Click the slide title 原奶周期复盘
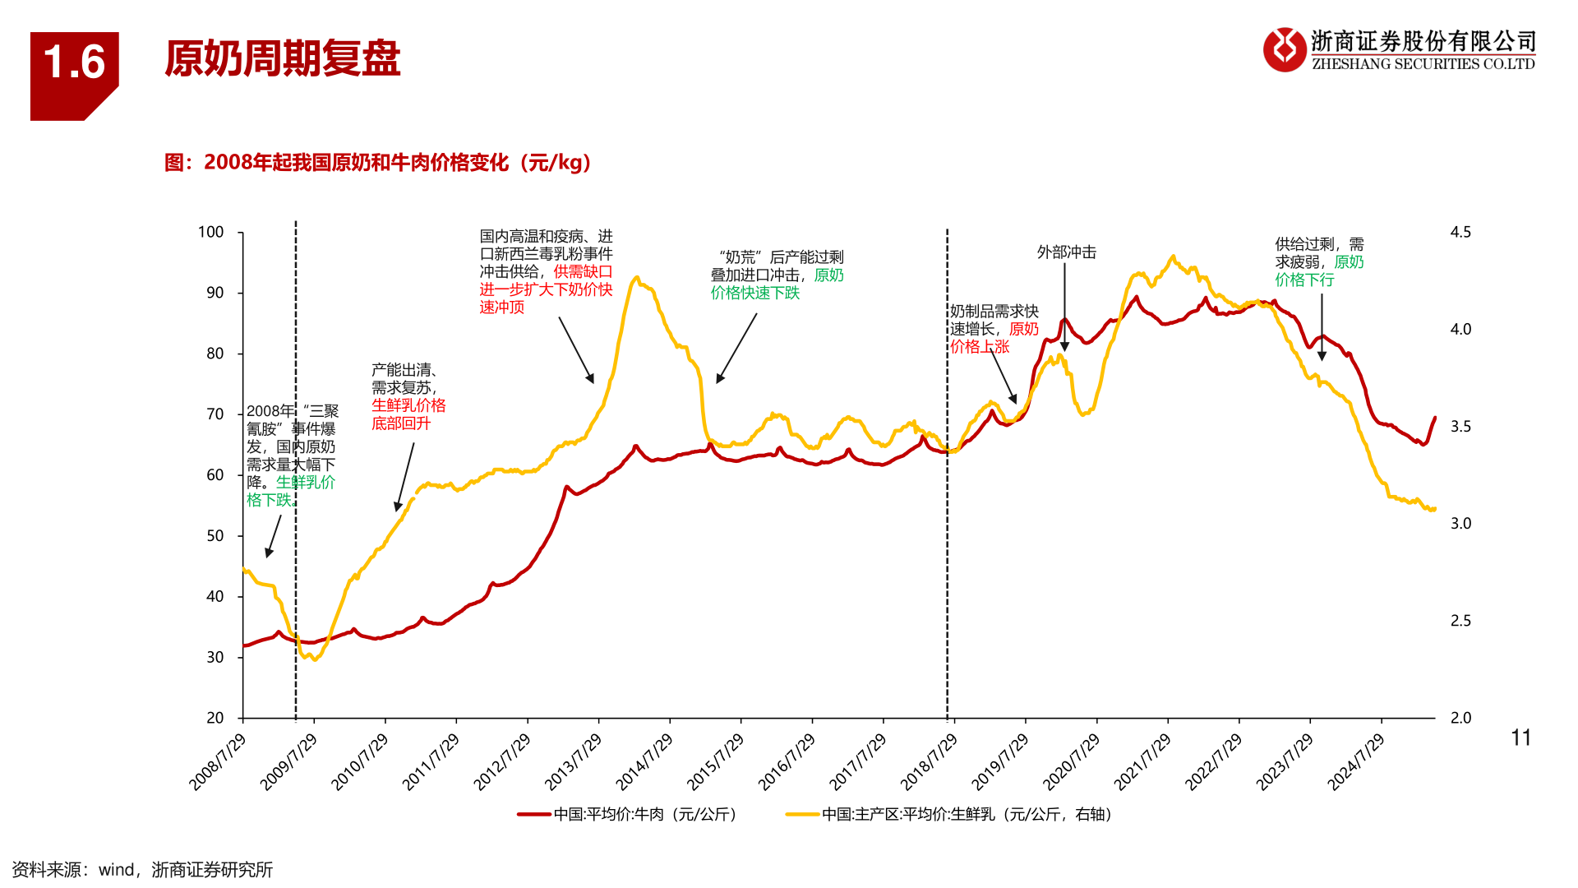[x=282, y=58]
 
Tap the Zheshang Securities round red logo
[x=1284, y=49]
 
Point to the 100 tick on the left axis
[x=211, y=233]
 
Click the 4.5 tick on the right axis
[x=1460, y=233]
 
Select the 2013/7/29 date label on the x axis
[x=574, y=762]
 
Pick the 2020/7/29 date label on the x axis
[x=1072, y=762]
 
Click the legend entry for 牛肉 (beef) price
[x=629, y=815]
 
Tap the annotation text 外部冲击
[x=1066, y=252]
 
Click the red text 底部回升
[x=401, y=423]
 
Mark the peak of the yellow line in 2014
[x=636, y=278]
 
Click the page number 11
[x=1520, y=738]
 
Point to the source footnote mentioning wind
[x=142, y=870]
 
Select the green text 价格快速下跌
[x=755, y=294]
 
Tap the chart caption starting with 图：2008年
[x=377, y=163]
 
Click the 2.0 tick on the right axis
[x=1460, y=718]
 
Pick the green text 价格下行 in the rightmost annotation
[x=1305, y=280]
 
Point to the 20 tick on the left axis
[x=215, y=718]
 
